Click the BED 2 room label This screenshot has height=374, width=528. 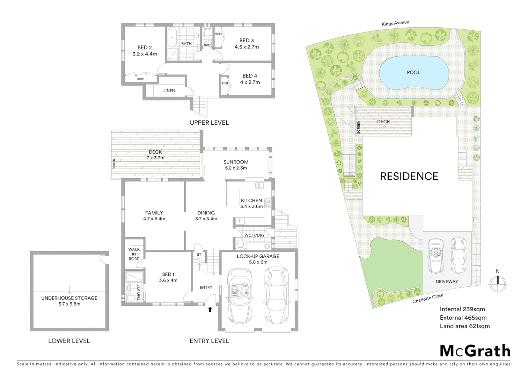pos(144,48)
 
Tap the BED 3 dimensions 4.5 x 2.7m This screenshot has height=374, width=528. pos(246,47)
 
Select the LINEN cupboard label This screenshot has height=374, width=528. pos(169,91)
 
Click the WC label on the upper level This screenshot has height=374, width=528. pos(207,45)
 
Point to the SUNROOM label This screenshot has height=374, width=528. pos(236,162)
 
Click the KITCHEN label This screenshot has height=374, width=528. pos(251,201)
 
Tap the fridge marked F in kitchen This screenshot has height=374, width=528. pos(239,221)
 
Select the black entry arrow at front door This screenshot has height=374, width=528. pos(210,309)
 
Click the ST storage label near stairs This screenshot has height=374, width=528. pos(199,255)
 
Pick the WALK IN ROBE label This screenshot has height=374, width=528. pos(134,254)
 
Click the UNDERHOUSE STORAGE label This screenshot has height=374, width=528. pos(69,298)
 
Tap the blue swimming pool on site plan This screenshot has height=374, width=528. pos(414,73)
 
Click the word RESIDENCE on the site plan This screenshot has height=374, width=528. pos(409,176)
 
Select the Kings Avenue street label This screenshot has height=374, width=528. pos(395,23)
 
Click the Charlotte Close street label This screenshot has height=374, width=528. pos(428,299)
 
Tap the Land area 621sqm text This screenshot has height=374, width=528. pos(464,326)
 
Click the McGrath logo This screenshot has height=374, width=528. pos(475,351)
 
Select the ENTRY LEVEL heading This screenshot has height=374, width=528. pos(209,341)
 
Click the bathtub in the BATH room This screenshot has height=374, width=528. pos(172,37)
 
